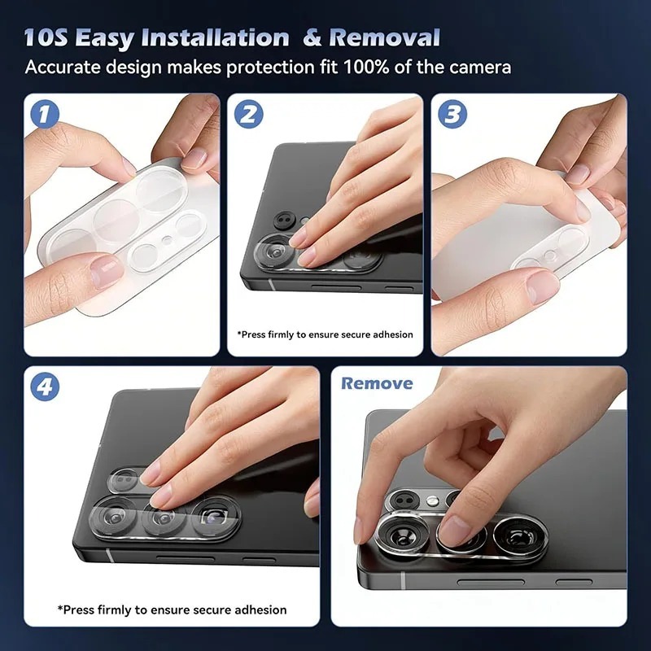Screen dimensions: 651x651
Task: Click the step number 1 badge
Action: click(45, 114)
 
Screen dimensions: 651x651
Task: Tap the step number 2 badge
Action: click(249, 114)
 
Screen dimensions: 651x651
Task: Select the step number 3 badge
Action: click(452, 114)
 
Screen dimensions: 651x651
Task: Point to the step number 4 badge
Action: click(45, 387)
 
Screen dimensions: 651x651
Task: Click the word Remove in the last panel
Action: click(377, 383)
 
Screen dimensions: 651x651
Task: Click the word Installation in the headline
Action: click(215, 37)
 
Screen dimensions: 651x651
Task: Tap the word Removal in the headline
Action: click(384, 37)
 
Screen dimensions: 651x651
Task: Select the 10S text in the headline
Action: click(46, 37)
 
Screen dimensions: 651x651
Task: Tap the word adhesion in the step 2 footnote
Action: click(393, 334)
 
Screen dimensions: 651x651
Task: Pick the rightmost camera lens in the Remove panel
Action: click(519, 535)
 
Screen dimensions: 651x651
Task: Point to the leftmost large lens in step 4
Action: click(112, 516)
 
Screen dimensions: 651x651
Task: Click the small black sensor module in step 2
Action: click(285, 221)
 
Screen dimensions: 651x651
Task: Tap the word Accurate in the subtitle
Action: click(63, 68)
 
